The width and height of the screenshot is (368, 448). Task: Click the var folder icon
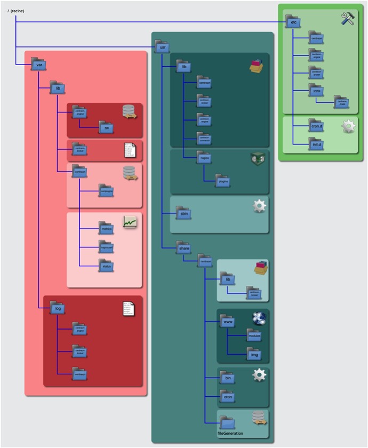click(x=38, y=64)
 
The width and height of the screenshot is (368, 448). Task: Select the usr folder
click(x=162, y=47)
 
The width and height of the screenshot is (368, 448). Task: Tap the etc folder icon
click(x=292, y=22)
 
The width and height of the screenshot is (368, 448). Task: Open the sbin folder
click(x=184, y=212)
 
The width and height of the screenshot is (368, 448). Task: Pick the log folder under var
click(x=57, y=308)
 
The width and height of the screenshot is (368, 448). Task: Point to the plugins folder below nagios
click(x=223, y=180)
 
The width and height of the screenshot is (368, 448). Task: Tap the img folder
click(x=254, y=353)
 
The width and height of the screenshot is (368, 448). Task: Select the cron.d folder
click(x=316, y=126)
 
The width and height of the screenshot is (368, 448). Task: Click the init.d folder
click(x=316, y=143)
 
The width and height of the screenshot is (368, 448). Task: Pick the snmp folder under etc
click(x=316, y=90)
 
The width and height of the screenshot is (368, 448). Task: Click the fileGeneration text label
click(x=230, y=434)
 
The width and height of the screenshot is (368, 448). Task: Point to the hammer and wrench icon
click(x=348, y=19)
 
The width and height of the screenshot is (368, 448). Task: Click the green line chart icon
click(x=131, y=222)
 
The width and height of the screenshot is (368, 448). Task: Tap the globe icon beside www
click(x=259, y=318)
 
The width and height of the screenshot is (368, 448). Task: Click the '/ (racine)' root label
click(x=16, y=11)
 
